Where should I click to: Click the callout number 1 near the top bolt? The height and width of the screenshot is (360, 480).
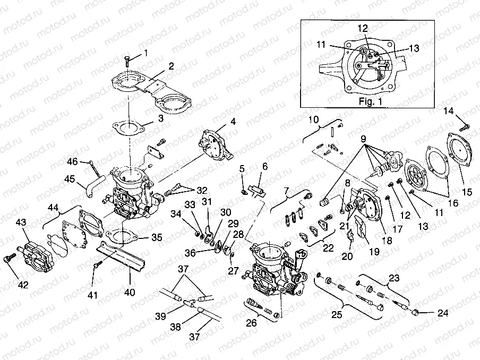click(x=147, y=53)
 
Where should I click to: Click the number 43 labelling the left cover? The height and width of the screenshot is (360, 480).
click(x=20, y=221)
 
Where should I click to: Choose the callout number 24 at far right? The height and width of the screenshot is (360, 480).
click(x=442, y=313)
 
